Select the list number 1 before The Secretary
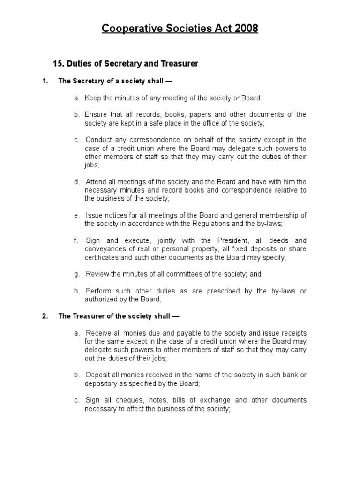point(45,81)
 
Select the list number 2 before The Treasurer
point(45,316)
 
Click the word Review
point(97,274)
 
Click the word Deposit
point(98,375)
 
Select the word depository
point(101,383)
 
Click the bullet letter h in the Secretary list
point(76,291)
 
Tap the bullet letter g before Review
point(76,274)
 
